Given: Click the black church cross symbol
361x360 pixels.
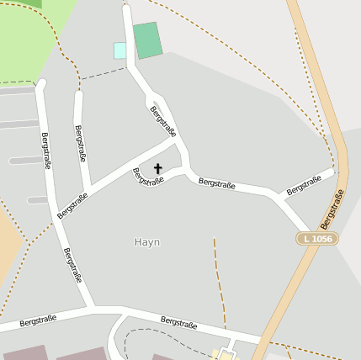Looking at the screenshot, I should (157, 169).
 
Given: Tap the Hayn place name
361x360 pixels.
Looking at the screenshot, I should (146, 242).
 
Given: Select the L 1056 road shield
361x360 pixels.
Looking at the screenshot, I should (316, 239).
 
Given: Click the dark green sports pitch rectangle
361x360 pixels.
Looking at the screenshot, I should (148, 40).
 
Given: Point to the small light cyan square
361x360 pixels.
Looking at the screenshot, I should (119, 50).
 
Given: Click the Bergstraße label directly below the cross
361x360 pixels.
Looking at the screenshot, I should (148, 178).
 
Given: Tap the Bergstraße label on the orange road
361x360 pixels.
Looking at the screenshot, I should (333, 209).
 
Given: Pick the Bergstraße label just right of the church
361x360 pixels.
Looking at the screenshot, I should (216, 183).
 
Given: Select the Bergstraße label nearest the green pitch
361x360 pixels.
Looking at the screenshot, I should (162, 121).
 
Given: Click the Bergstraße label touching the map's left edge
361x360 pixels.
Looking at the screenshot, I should (38, 320).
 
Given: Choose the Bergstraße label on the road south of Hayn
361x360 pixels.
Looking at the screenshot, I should (178, 323).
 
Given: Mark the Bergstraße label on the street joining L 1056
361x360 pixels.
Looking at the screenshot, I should (304, 186).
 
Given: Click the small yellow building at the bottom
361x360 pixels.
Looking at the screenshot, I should (225, 355).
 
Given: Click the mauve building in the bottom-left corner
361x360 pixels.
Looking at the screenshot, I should (25, 353).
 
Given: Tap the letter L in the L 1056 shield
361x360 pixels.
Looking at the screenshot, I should (307, 239).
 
